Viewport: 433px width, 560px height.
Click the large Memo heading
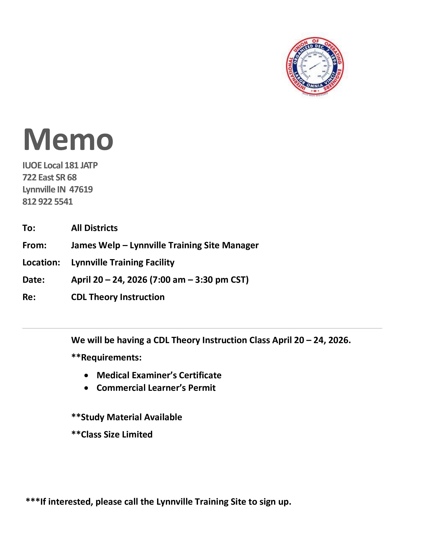(x=68, y=140)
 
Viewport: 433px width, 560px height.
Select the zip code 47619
(x=81, y=190)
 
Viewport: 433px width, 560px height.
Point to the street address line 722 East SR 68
(x=50, y=178)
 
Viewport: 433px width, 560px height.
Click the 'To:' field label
(x=29, y=228)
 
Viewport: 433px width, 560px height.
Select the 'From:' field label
(x=34, y=245)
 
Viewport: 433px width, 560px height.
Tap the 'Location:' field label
(x=41, y=263)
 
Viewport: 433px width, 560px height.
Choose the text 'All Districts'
(x=94, y=228)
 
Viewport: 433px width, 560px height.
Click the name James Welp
(x=95, y=245)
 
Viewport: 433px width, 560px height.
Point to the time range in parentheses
(x=199, y=280)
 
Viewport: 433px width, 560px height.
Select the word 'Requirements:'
(x=111, y=357)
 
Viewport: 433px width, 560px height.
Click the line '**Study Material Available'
(x=127, y=417)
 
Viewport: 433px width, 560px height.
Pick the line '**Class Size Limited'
(x=112, y=434)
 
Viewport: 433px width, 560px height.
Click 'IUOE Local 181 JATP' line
(x=60, y=165)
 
